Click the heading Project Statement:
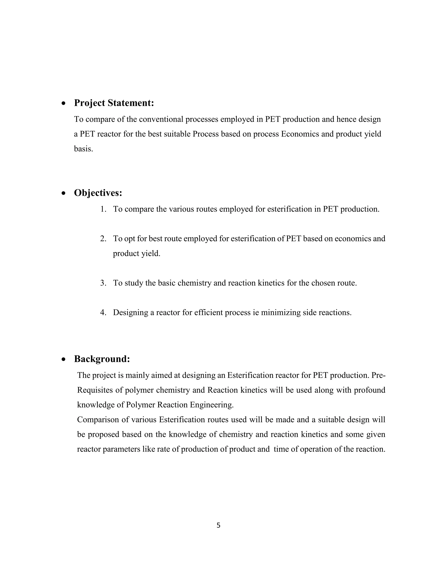pyautogui.click(x=114, y=103)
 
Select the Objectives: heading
pyautogui.click(x=98, y=193)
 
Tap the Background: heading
pyautogui.click(x=102, y=359)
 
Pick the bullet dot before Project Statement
pyautogui.click(x=63, y=103)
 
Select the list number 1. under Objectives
pyautogui.click(x=103, y=209)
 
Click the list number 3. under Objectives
pyautogui.click(x=103, y=283)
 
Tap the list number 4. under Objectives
pyautogui.click(x=103, y=313)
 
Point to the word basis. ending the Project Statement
pyautogui.click(x=83, y=149)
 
